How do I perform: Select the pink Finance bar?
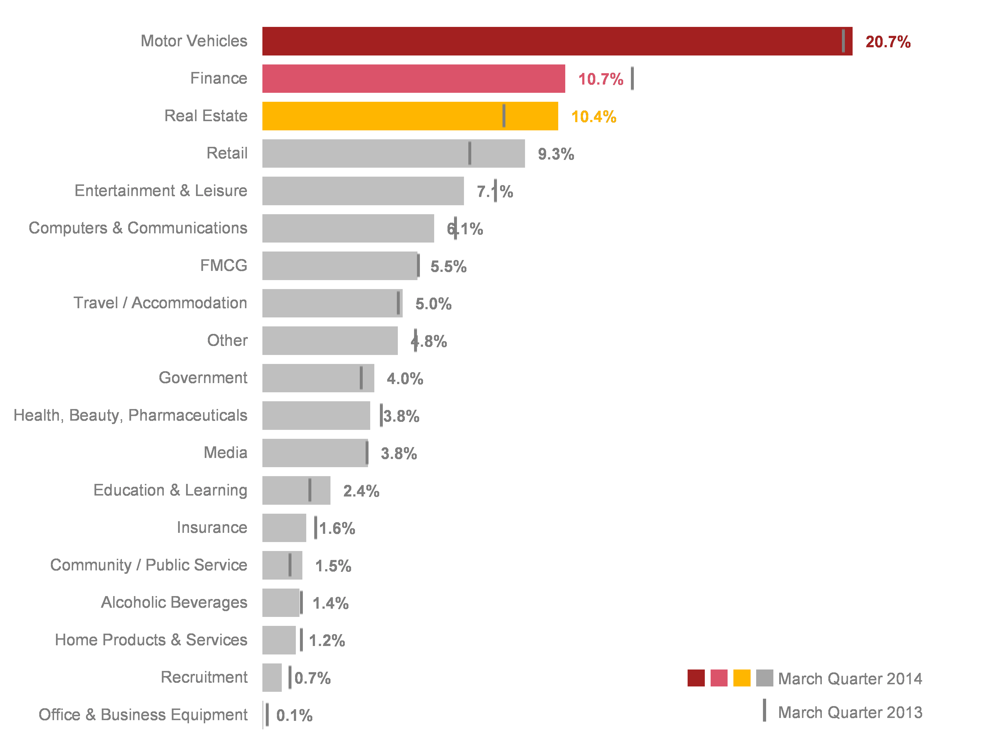(413, 79)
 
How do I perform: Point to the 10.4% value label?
(594, 117)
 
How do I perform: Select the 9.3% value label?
(556, 154)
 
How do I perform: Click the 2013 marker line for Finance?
(632, 79)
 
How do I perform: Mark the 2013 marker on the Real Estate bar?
(504, 116)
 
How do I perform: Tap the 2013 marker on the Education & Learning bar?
(310, 490)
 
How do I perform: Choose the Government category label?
(203, 378)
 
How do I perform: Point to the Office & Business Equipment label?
(143, 715)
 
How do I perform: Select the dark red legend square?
(696, 678)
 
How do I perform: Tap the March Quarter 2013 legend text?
(850, 713)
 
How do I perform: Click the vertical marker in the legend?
(764, 710)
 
